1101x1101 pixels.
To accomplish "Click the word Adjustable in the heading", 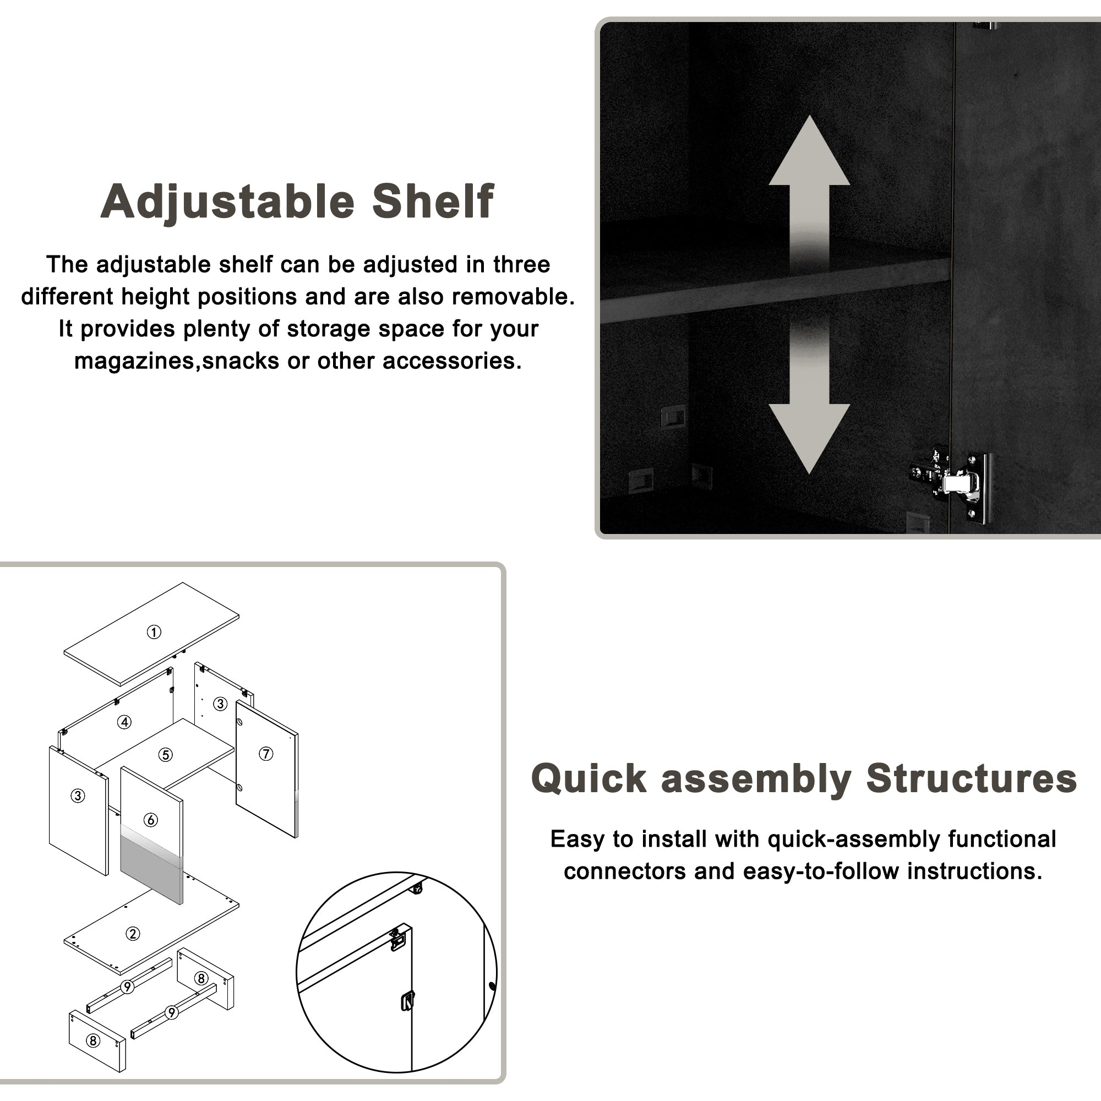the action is (228, 201).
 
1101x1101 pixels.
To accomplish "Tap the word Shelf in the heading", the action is (433, 200).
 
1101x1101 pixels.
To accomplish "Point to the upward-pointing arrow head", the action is (809, 151).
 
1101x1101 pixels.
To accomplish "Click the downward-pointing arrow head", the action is (809, 439).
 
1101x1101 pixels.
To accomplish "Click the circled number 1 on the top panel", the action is (154, 632).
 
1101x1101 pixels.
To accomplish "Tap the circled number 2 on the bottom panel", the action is (133, 934).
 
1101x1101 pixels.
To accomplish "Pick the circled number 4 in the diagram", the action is (124, 722).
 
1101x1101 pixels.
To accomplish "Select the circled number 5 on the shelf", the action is (165, 755).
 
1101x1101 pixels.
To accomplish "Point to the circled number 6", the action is (150, 820).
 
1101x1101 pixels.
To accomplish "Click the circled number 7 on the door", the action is (266, 754).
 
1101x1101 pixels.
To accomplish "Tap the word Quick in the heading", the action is (588, 778).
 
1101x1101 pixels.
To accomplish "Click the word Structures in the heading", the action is (972, 778).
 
